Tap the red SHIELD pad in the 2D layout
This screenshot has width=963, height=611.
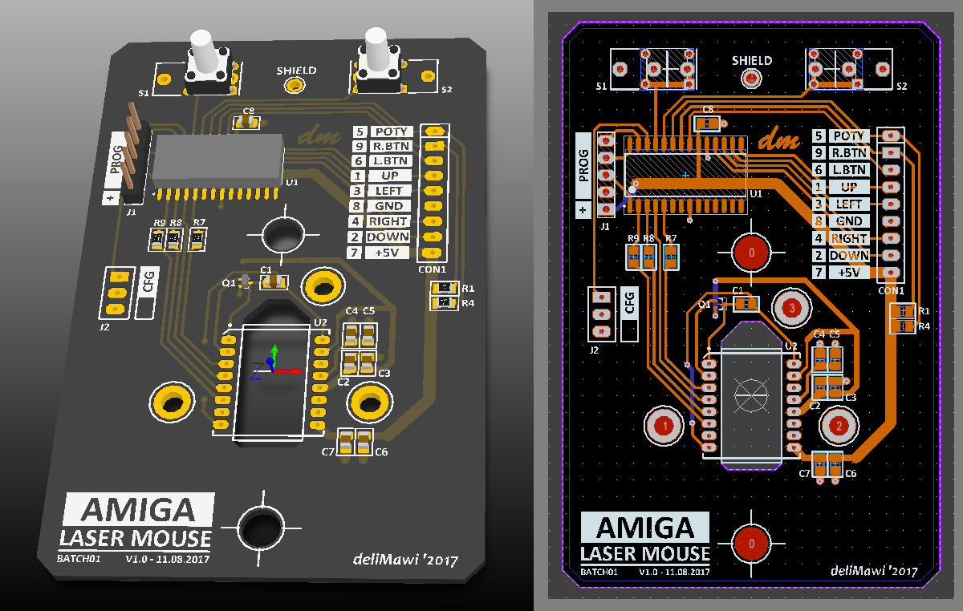click(751, 79)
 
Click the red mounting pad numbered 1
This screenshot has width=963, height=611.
click(664, 425)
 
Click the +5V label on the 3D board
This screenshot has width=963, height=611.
click(388, 253)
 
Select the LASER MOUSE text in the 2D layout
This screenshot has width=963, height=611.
click(645, 553)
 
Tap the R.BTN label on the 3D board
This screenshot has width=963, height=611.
click(391, 147)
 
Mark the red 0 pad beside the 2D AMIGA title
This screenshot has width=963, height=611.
click(751, 543)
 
